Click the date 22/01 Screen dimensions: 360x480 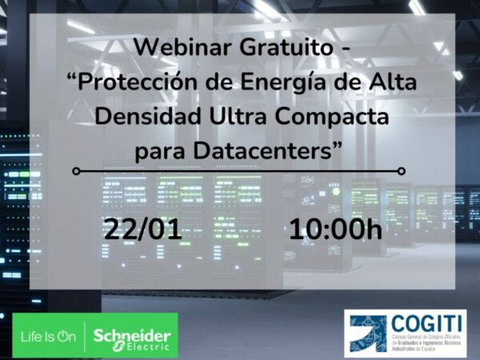tap(142, 229)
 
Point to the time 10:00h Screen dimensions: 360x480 tap(335, 229)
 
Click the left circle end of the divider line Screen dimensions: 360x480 tap(76, 170)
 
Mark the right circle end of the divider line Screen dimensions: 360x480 tap(402, 170)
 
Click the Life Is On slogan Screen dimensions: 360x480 tap(49, 337)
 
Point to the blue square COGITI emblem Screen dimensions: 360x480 tap(366, 335)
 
